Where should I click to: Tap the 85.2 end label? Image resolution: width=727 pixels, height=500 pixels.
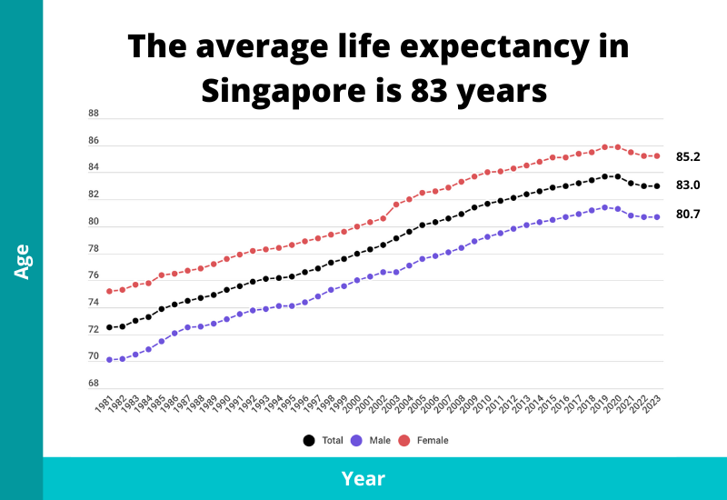click(x=688, y=157)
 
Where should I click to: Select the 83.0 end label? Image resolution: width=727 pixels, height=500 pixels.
click(x=688, y=185)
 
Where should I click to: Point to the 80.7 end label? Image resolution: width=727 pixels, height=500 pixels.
click(x=688, y=215)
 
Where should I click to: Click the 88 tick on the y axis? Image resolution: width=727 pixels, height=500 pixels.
click(x=94, y=114)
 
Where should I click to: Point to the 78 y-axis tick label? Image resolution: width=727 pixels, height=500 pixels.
click(x=94, y=249)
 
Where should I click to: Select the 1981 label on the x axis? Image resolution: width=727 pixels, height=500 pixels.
click(x=104, y=405)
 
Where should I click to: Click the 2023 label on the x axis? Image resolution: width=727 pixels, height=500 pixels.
click(x=652, y=405)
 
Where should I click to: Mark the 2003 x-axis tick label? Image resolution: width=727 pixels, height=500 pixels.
click(x=391, y=405)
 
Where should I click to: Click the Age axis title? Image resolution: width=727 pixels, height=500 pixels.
click(x=22, y=260)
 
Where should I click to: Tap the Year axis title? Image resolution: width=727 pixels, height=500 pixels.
click(x=363, y=478)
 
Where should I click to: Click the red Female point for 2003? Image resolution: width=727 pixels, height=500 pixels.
click(x=396, y=205)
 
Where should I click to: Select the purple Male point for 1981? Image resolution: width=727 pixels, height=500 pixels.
click(x=109, y=360)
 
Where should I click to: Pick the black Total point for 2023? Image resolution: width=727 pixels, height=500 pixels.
click(x=657, y=186)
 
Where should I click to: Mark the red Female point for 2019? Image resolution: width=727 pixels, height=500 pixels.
click(x=605, y=146)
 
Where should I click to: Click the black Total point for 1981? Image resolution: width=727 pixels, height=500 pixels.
click(x=109, y=327)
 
